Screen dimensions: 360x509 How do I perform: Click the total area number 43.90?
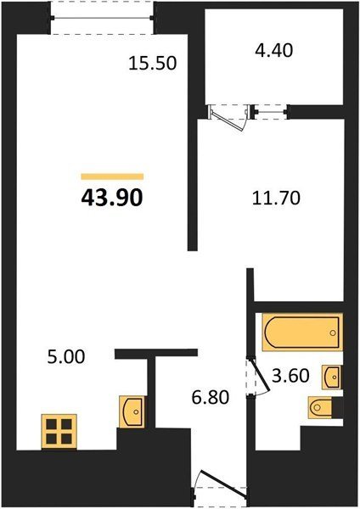[x=112, y=198]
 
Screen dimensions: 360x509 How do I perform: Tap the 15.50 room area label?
[x=152, y=63]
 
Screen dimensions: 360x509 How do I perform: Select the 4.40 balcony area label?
[x=273, y=50]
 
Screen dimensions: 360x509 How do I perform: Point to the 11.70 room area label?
[x=276, y=198]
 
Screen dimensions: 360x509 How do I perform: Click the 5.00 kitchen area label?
[x=66, y=357]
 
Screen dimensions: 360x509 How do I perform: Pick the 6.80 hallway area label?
[x=211, y=397]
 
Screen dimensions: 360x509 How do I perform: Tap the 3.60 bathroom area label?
[x=290, y=376]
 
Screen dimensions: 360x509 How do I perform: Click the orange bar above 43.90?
[x=112, y=176]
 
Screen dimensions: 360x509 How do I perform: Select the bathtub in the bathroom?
[x=302, y=332]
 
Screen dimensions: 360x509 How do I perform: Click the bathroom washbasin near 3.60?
[x=331, y=377]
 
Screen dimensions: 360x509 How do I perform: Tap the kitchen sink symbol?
[x=132, y=411]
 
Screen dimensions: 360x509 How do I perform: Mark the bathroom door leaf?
[x=260, y=374]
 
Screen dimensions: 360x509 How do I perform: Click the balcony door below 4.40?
[x=228, y=119]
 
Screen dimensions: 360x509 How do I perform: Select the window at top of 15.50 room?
[x=102, y=18]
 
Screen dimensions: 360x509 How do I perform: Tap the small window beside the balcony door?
[x=271, y=112]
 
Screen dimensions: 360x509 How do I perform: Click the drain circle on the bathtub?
[x=333, y=333]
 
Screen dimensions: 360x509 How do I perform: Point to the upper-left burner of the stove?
[x=51, y=424]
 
